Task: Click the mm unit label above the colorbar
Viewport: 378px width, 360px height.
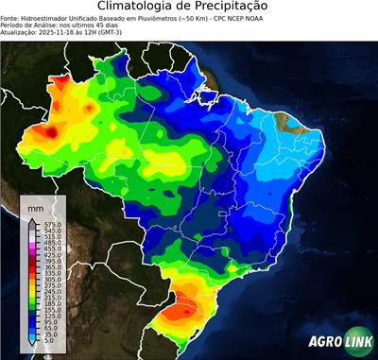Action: coord(35,207)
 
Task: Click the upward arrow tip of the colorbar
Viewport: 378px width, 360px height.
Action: coord(34,218)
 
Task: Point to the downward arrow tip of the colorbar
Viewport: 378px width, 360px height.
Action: coord(34,346)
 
